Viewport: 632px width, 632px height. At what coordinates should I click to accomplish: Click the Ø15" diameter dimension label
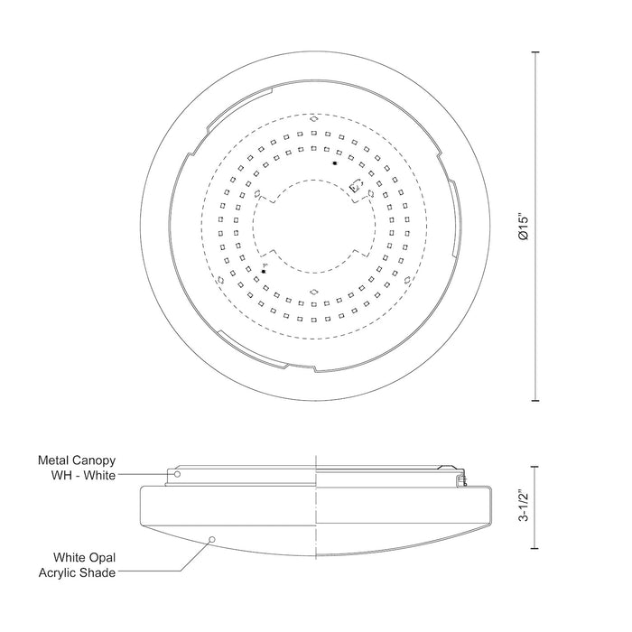click(x=524, y=226)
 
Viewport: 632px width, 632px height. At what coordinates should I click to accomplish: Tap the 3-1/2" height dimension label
click(x=524, y=507)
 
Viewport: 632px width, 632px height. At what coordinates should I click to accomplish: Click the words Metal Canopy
click(x=77, y=460)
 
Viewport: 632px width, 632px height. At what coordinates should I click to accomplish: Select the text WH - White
click(x=83, y=476)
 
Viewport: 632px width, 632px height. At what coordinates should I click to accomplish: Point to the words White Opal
click(x=84, y=559)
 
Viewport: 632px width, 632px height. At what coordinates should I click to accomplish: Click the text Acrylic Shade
click(x=77, y=574)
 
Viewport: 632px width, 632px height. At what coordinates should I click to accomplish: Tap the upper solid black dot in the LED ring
click(x=334, y=163)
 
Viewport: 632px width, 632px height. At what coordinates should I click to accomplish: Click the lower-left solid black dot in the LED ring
click(x=264, y=271)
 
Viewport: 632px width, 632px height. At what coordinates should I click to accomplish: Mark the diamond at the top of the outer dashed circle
click(x=312, y=117)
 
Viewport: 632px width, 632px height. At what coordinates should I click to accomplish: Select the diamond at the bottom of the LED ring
click(x=312, y=292)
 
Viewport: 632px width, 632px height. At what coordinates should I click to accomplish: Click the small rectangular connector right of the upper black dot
click(x=356, y=187)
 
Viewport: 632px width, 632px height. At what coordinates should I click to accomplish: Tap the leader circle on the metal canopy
click(x=177, y=474)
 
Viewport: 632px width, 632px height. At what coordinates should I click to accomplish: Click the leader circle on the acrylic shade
click(x=211, y=539)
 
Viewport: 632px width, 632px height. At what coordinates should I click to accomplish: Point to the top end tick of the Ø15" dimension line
click(x=539, y=52)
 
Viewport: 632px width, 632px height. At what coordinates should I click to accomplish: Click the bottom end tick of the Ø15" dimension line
click(x=539, y=400)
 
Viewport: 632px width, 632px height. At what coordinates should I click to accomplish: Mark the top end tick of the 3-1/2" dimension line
click(x=539, y=468)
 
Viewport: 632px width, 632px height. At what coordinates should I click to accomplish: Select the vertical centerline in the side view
click(x=315, y=506)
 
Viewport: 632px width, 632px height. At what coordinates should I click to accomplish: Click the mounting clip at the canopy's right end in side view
click(x=462, y=478)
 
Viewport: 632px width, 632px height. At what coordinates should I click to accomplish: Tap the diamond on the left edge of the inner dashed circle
click(x=256, y=192)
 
